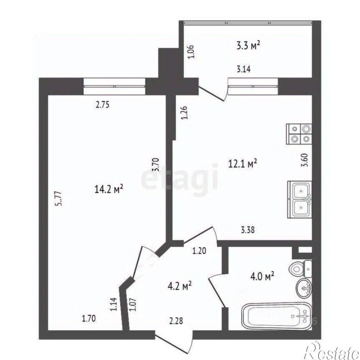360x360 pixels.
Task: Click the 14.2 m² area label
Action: [109, 189]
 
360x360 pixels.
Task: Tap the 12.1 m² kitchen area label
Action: [242, 164]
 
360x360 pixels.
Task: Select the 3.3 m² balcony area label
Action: [248, 46]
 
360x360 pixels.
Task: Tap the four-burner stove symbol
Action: [299, 134]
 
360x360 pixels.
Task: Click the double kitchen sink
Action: [299, 199]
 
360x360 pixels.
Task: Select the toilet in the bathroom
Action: [301, 269]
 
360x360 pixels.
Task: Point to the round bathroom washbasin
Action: [304, 288]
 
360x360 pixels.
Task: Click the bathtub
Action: [277, 316]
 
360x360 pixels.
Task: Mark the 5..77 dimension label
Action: [59, 198]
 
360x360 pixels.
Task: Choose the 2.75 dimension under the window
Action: [102, 105]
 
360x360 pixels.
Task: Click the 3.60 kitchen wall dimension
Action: [305, 161]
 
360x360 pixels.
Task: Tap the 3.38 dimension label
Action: [248, 230]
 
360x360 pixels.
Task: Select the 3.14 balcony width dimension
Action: [244, 69]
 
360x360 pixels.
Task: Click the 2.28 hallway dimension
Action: [176, 321]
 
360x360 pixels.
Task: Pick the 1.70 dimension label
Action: [89, 318]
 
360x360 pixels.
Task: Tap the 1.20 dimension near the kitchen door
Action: [199, 251]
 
